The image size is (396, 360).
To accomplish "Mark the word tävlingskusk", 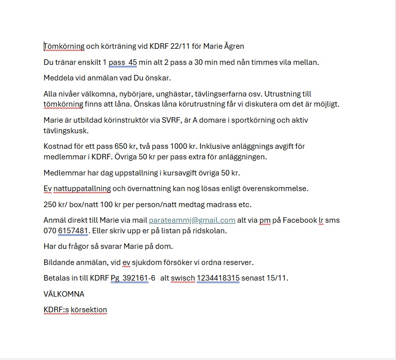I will click(x=65, y=130).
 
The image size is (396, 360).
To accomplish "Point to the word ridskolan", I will click(x=210, y=230).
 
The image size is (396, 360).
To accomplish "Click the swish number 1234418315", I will click(x=218, y=278).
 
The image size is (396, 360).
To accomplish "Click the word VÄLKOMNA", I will click(x=64, y=294).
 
